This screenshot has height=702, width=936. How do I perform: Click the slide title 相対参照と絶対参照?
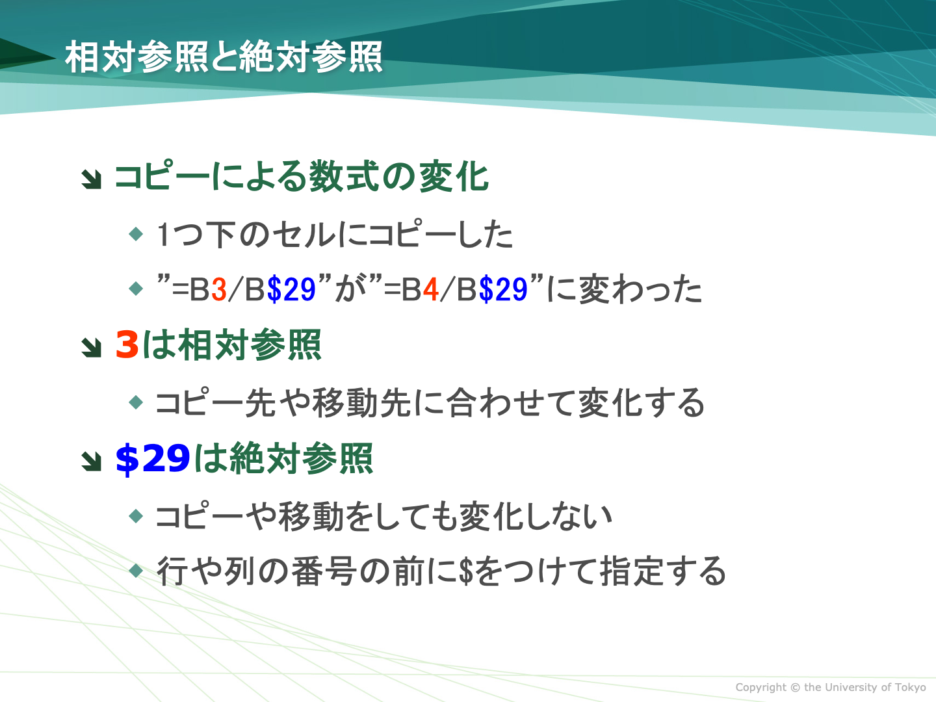224,57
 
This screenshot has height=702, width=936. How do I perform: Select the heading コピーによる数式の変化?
302,176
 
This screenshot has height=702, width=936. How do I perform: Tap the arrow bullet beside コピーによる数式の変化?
91,179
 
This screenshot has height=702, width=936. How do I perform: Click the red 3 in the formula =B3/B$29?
219,289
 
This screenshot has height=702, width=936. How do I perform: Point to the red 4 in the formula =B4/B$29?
431,289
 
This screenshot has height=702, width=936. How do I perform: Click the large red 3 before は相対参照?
127,344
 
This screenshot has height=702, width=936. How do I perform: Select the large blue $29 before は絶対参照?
153,459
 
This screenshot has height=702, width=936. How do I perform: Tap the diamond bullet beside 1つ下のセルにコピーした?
136,233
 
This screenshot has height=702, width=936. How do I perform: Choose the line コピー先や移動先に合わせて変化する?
430,402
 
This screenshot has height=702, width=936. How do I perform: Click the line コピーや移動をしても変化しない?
383,516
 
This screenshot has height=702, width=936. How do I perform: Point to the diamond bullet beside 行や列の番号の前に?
136,570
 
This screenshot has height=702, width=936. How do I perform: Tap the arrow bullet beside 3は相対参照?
91,347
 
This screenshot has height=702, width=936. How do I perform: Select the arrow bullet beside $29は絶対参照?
91,461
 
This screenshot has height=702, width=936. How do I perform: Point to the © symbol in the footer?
795,687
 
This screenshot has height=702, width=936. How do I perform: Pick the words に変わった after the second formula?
624,289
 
